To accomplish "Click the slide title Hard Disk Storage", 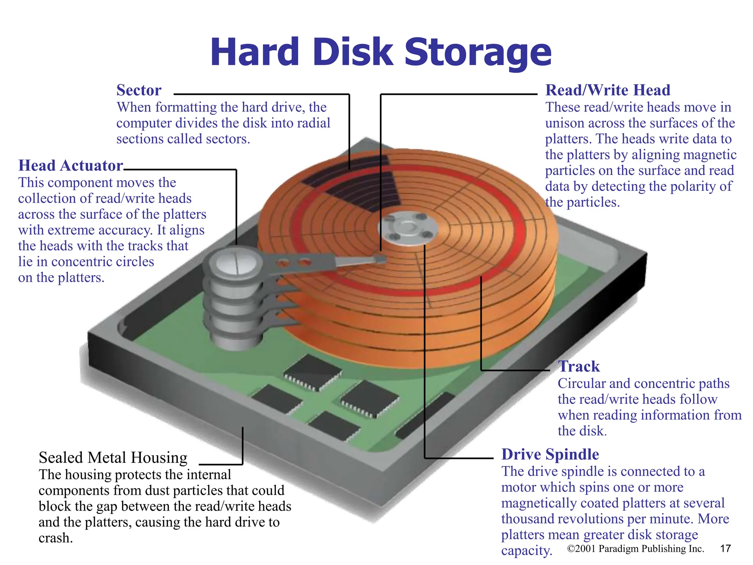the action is pyautogui.click(x=381, y=53).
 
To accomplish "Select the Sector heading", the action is pyautogui.click(x=139, y=90).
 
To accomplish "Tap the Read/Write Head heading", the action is pyautogui.click(x=607, y=90).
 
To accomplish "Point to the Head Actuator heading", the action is pyautogui.click(x=70, y=166).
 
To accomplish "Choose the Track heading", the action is pyautogui.click(x=578, y=366).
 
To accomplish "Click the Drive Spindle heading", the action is pyautogui.click(x=550, y=454).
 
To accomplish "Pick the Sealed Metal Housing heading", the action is pyautogui.click(x=113, y=458).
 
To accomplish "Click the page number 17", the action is pyautogui.click(x=725, y=548).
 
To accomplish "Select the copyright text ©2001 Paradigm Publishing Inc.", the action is pyautogui.click(x=635, y=549).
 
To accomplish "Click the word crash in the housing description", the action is pyautogui.click(x=55, y=538).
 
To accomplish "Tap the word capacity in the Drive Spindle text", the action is pyautogui.click(x=526, y=551).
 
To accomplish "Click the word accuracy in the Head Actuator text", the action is pyautogui.click(x=125, y=230).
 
